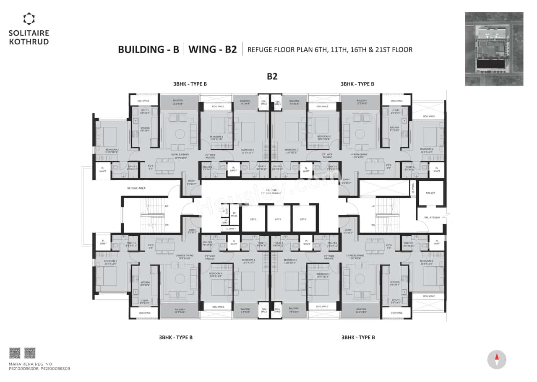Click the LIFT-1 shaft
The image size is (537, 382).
tap(253, 219)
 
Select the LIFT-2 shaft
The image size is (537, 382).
tap(278, 219)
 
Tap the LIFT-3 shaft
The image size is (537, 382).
tap(303, 219)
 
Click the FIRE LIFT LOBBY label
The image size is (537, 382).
tap(430, 217)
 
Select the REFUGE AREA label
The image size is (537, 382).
tap(136, 188)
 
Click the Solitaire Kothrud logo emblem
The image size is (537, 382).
tap(29, 19)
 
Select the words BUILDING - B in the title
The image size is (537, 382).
tap(148, 49)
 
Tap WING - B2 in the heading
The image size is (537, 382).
tap(213, 49)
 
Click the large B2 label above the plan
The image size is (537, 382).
tap(273, 77)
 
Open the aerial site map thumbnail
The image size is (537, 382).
tap(494, 49)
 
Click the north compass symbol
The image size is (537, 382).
tap(497, 360)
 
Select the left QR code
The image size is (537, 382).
tap(15, 353)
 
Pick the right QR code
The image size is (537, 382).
tap(30, 353)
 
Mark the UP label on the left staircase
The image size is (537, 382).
tap(167, 206)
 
